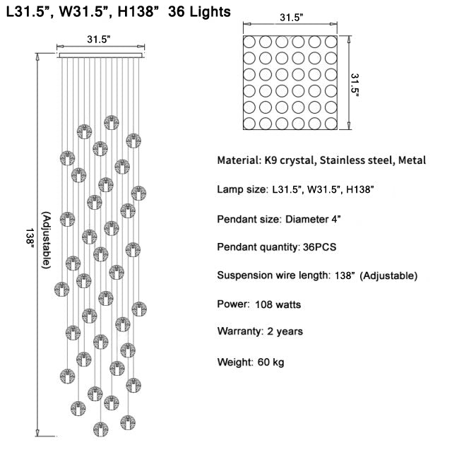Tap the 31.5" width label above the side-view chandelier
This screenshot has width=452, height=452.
point(99,40)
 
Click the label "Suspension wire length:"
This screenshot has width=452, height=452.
point(271,275)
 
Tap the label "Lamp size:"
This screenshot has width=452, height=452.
point(241,190)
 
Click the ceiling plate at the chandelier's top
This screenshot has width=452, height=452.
point(100,55)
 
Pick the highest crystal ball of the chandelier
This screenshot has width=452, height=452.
point(110,121)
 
